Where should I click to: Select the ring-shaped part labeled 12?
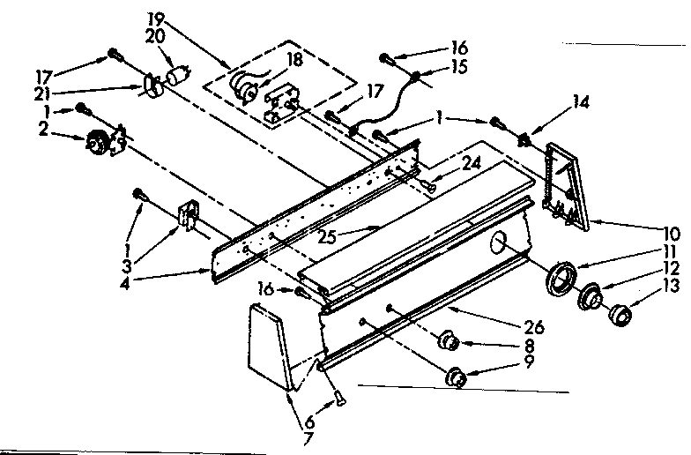[590, 296]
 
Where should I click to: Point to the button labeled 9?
[458, 377]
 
